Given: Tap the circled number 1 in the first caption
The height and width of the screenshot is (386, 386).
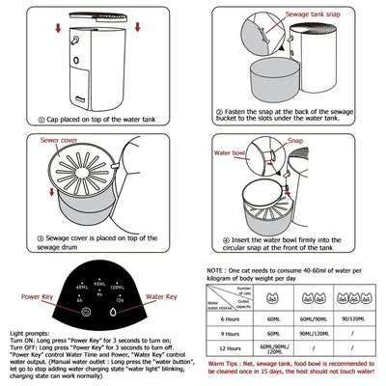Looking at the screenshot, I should pos(41,120).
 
